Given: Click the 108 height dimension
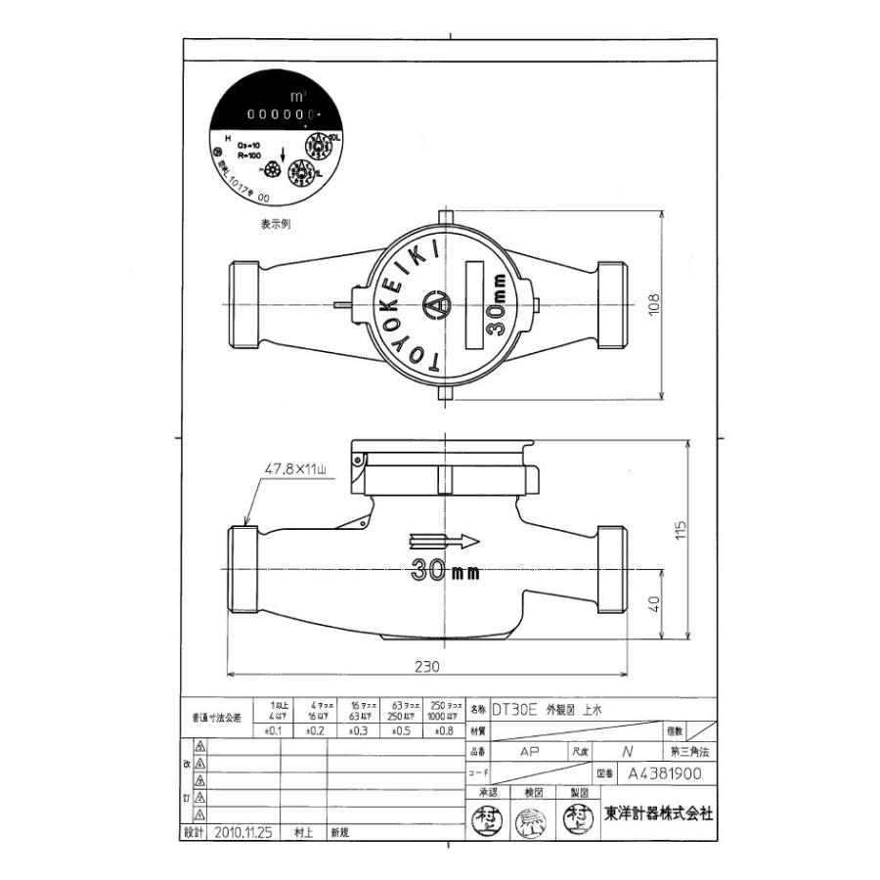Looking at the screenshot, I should click(x=655, y=307).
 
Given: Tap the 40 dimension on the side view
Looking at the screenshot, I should click(x=653, y=603).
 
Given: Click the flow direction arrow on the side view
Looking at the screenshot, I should click(x=445, y=540).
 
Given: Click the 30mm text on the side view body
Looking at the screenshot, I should click(x=446, y=571).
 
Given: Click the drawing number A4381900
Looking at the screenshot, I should click(x=665, y=772).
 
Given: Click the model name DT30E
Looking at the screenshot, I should click(x=514, y=711).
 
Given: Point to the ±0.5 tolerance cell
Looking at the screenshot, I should click(x=399, y=730).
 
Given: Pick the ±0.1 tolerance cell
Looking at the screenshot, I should click(x=273, y=730).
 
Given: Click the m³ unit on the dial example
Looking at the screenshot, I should click(x=297, y=96).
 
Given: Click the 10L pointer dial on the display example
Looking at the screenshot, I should click(x=317, y=145).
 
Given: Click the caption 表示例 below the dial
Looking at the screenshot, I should click(x=275, y=223).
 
